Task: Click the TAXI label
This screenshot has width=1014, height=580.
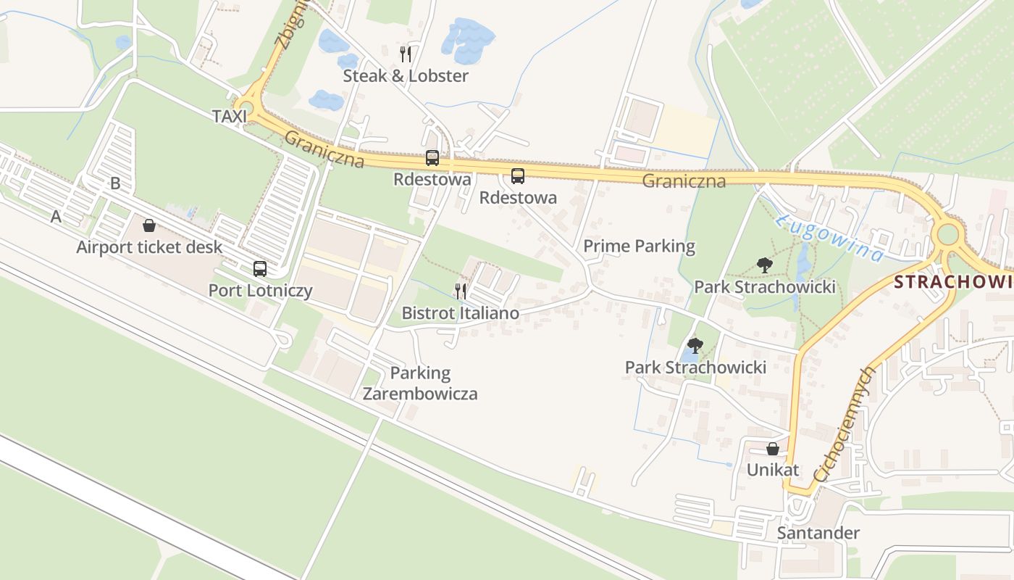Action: point(230,116)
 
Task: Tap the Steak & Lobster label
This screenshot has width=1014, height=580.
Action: point(406,76)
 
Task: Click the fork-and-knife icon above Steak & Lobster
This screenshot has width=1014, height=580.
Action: point(406,54)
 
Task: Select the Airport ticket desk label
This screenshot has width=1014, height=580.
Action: point(150,247)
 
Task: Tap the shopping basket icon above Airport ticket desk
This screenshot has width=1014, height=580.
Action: point(149,225)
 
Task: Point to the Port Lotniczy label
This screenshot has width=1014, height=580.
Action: point(261,291)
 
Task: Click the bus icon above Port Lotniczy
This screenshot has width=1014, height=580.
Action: point(260,269)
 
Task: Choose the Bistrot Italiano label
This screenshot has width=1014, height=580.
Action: point(461,313)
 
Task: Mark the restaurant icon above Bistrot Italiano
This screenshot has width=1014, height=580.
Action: point(461,291)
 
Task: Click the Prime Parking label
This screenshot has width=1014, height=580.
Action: point(639,246)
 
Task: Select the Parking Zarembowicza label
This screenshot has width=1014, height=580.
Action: point(420,384)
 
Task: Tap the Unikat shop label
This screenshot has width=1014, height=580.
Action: point(773,470)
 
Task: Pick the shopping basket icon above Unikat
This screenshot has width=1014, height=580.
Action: point(773,449)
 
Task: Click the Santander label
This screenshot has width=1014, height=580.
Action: point(818,534)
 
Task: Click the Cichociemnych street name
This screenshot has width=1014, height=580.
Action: point(845,424)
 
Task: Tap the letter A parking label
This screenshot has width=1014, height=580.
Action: point(56,216)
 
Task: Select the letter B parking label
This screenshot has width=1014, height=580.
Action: point(115,183)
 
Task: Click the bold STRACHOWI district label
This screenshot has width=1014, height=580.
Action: point(953,282)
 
